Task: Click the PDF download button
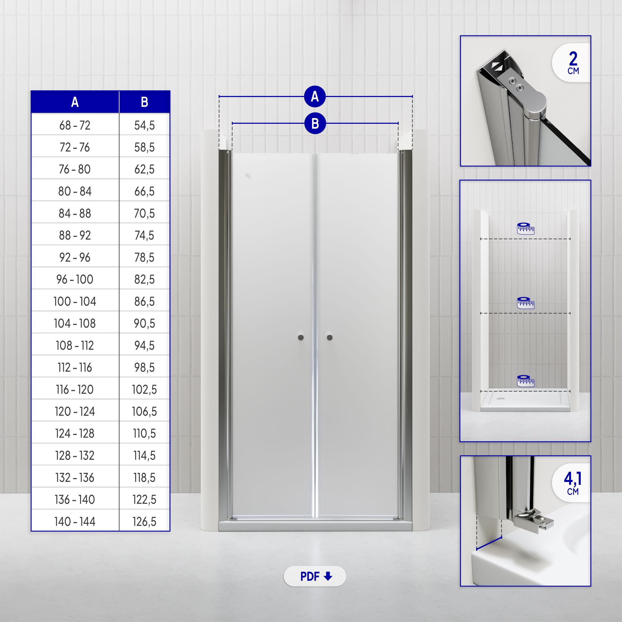point(314,576)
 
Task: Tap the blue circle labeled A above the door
point(315,96)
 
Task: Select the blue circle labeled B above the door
point(315,123)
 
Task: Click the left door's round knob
point(301,337)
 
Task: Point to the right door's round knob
point(329,337)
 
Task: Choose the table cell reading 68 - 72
point(75,125)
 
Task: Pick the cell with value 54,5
point(144,125)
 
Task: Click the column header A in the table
point(75,102)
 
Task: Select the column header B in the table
point(144,102)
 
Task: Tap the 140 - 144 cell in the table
point(75,521)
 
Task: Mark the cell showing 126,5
point(144,521)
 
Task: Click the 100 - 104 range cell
point(75,301)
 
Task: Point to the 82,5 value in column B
point(144,279)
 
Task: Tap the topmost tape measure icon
point(525,228)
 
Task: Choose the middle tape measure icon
point(525,303)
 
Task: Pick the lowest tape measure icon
point(525,381)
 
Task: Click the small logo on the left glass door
point(248,176)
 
